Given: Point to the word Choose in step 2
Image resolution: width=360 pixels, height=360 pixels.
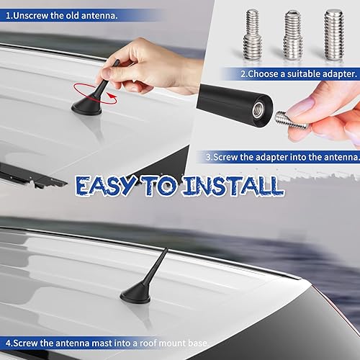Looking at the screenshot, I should click(266, 73).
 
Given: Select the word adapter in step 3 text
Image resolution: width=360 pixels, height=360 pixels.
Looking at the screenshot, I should click(273, 156).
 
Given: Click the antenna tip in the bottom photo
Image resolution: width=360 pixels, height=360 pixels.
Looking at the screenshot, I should click(168, 250).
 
